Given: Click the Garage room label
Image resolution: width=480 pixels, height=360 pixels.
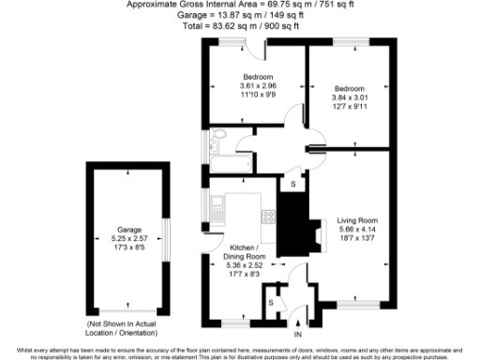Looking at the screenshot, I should point(128,230).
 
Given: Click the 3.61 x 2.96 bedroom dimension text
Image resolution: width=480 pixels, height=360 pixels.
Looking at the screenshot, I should point(258,86).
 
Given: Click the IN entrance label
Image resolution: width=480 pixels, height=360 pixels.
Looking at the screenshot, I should point(298,335).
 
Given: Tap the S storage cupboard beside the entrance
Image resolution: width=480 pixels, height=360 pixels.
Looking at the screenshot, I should point(271,303).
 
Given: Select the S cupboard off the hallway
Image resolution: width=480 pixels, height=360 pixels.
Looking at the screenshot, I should point(293,184).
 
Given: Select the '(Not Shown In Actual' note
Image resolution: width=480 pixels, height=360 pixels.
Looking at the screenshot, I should point(128,323).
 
